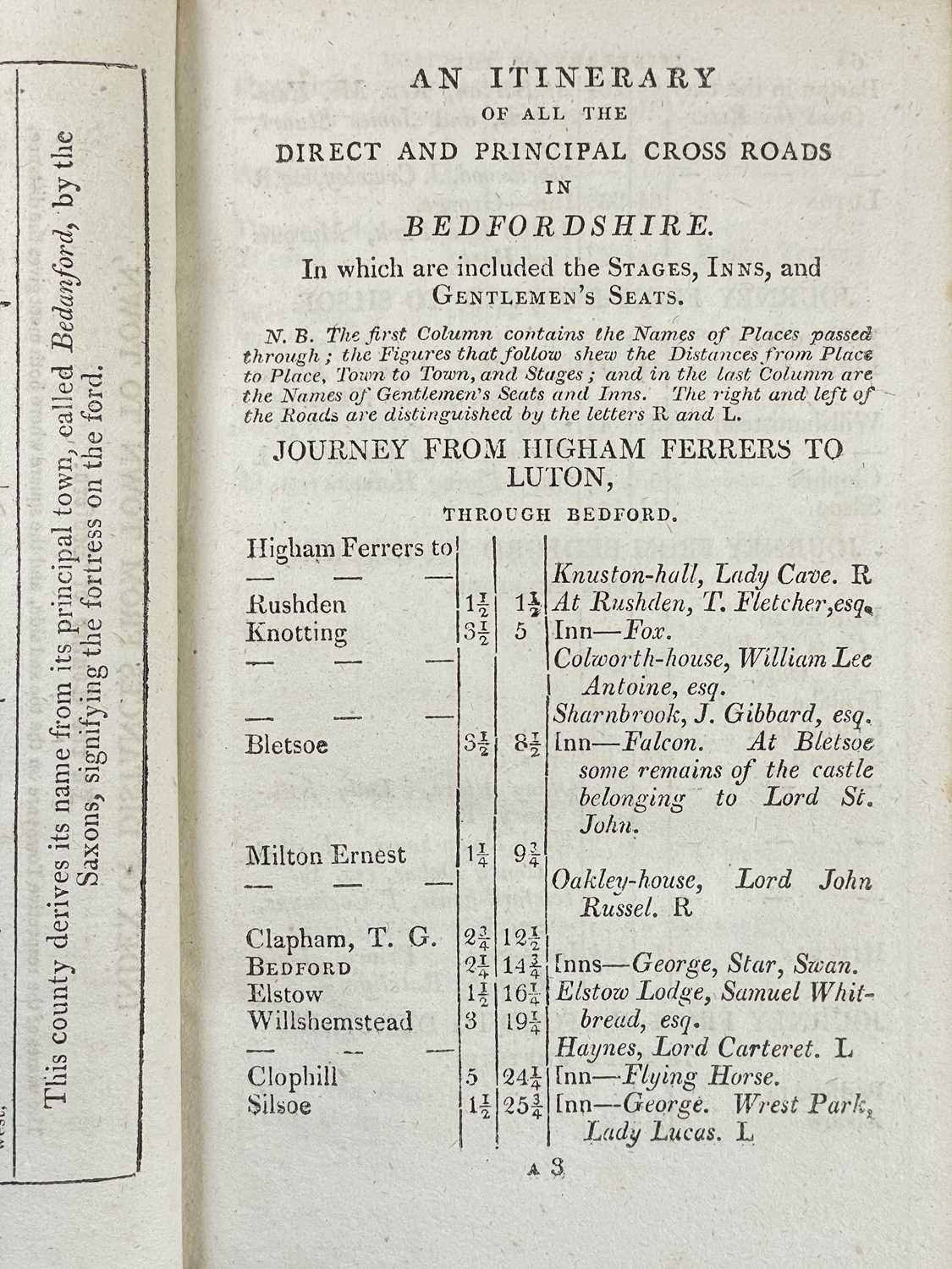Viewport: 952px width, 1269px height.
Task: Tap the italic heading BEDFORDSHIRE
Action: (x=555, y=226)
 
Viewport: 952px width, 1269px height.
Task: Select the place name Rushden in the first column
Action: (x=289, y=605)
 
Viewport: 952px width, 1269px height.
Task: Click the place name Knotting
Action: (x=295, y=633)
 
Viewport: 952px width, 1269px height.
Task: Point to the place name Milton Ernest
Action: (x=326, y=855)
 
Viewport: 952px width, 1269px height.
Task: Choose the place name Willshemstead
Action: (x=330, y=1021)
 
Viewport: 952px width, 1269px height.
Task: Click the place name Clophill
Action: (x=292, y=1077)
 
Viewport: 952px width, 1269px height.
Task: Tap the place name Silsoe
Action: (x=280, y=1105)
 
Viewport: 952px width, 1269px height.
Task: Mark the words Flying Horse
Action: (x=698, y=1077)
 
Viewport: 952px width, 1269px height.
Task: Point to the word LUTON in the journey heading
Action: (x=559, y=478)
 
